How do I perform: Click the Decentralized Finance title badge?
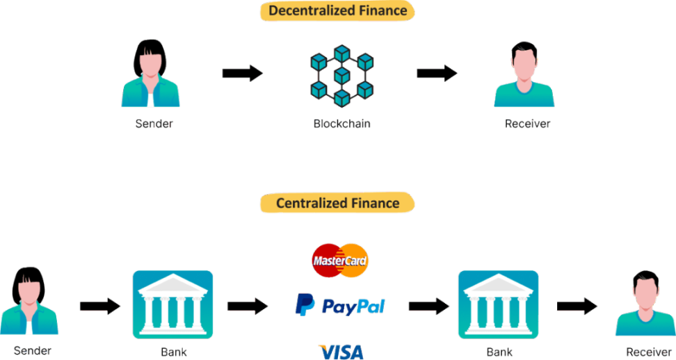(x=337, y=10)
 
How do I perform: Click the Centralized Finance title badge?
(x=337, y=203)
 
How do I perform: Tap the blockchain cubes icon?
(x=341, y=76)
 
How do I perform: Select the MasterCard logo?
(x=339, y=261)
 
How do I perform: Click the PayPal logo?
(x=339, y=305)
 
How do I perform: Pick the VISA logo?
(x=341, y=351)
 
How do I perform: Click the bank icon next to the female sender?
(x=172, y=304)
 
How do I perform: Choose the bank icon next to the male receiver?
(x=498, y=304)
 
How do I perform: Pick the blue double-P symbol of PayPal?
(x=305, y=305)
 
